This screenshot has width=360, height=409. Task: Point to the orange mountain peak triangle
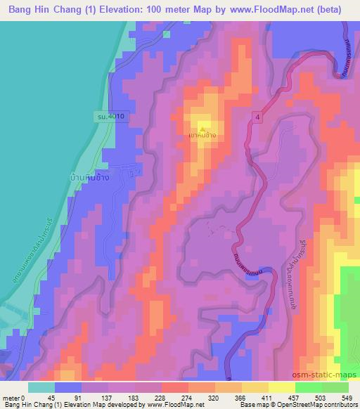(202, 129)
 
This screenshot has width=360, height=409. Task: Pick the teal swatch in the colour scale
(41, 387)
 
